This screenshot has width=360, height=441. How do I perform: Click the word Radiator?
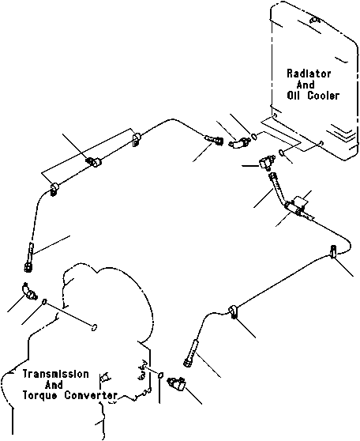coord(309,73)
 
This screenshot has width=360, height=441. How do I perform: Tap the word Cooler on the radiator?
coord(323,96)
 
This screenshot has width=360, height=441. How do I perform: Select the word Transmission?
coord(55,374)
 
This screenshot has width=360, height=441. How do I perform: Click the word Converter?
coord(91,395)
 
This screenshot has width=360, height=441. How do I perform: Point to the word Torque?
coord(39,395)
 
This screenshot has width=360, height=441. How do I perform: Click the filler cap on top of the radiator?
coord(314,21)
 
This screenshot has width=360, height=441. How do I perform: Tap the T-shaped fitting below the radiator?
coord(265,163)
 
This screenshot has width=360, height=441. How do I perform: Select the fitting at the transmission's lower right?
coord(177,384)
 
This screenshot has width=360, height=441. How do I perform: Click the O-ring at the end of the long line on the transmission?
coord(95,327)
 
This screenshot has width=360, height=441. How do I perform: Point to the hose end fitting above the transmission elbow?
coord(29,258)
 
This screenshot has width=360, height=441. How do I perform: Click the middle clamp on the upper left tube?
coord(94,162)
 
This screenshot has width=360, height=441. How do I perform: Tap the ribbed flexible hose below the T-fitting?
coord(277,186)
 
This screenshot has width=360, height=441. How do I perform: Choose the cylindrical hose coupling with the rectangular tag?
coord(294,208)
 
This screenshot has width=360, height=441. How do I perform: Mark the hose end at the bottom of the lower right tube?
coord(189,353)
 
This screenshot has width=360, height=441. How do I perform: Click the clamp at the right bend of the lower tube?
coord(334,251)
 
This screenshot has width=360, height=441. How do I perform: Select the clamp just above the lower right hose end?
coord(234,311)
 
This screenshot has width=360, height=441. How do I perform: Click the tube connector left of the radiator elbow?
coord(214,139)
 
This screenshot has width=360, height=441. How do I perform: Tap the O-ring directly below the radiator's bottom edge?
coord(281,153)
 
